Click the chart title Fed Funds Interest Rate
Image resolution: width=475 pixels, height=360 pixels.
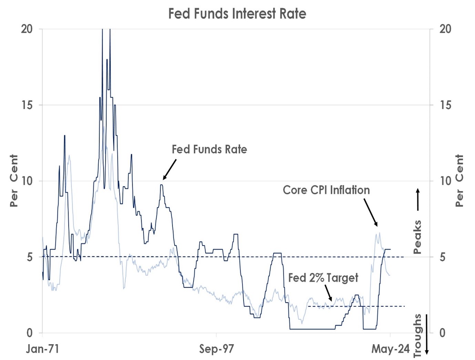[237, 14]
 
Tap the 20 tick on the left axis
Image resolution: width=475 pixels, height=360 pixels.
[27, 29]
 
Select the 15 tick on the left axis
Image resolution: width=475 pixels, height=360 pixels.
[27, 105]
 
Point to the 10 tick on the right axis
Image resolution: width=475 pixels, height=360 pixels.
[445, 181]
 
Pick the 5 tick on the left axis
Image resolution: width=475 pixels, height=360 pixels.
[29, 257]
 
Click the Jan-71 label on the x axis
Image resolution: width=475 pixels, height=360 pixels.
[43, 349]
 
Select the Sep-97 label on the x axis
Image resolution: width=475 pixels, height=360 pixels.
[216, 349]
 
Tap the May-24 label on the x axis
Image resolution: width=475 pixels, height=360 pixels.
[390, 349]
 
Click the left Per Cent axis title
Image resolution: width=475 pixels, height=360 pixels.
[14, 181]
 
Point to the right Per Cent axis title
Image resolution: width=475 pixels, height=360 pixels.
[459, 181]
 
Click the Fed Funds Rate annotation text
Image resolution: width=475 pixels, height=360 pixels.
[209, 150]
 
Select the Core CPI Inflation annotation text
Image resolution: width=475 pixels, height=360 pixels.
[326, 190]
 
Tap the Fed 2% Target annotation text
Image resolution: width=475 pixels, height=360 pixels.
[323, 278]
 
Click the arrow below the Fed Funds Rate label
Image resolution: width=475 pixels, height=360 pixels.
[169, 169]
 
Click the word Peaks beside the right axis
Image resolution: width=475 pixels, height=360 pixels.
[417, 237]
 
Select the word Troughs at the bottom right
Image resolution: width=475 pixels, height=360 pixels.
[417, 336]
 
